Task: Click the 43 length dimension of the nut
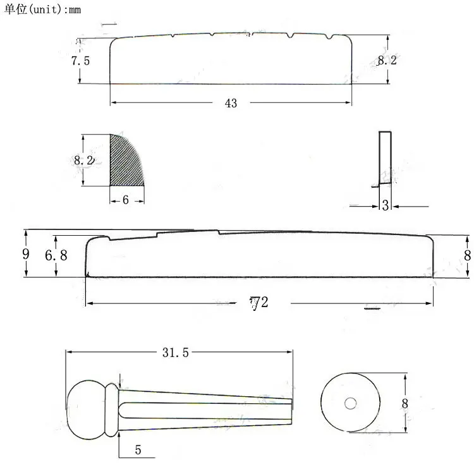(231, 103)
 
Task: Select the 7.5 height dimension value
(80, 61)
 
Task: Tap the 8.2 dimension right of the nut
(387, 61)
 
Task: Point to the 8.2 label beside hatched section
(83, 161)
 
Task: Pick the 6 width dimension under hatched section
(125, 200)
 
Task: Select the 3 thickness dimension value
(386, 205)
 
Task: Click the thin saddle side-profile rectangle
(385, 158)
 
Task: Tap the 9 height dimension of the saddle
(25, 254)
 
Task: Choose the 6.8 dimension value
(56, 256)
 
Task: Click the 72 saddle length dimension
(258, 303)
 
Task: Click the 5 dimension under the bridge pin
(138, 451)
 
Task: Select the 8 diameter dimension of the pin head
(405, 403)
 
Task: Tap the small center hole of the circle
(350, 403)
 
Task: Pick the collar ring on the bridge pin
(111, 410)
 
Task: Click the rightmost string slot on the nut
(329, 40)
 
